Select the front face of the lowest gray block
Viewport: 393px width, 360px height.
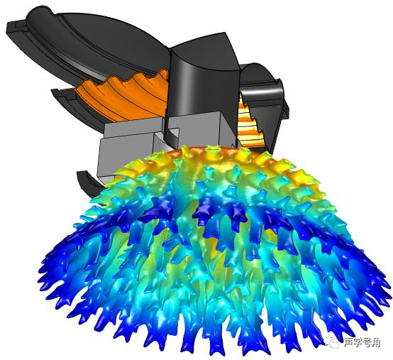126,156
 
